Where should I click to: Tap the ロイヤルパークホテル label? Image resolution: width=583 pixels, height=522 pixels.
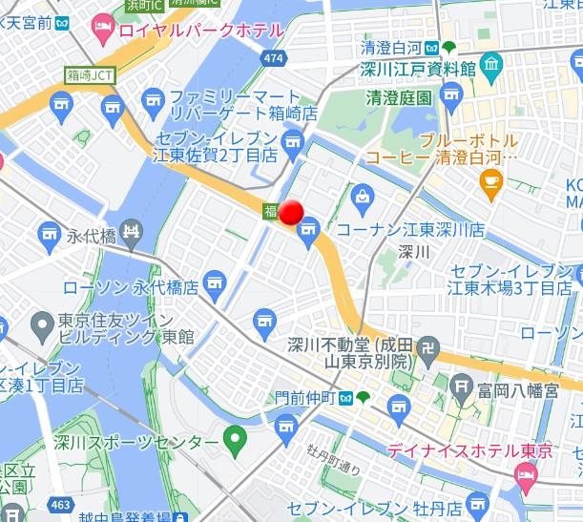pos(199,31)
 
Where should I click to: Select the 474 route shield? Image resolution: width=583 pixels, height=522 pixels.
pos(275,59)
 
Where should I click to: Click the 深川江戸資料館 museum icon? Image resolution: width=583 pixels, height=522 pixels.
pos(491,68)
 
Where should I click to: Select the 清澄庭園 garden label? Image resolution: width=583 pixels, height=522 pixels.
pos(398,97)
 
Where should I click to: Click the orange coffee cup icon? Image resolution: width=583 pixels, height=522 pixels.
pos(491,183)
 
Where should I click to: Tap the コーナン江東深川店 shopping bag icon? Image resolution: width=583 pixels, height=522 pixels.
pos(363,197)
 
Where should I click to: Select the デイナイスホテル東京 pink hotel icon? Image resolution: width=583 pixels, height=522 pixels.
pos(525,474)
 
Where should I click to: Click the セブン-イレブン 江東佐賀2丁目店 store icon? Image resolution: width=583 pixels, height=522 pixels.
pos(292,143)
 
